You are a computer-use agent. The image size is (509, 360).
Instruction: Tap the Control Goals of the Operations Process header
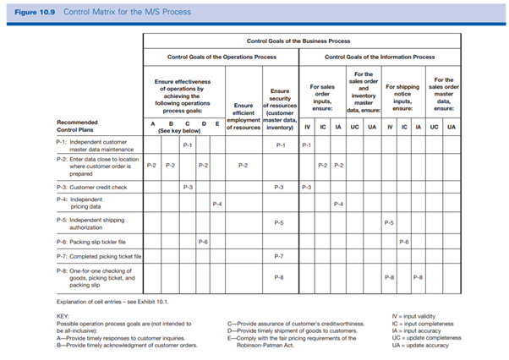pyautogui.click(x=222, y=57)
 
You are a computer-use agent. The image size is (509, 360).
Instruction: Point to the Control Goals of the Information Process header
pyautogui.click(x=380, y=57)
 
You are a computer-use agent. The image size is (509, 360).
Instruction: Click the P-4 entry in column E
pyautogui.click(x=216, y=204)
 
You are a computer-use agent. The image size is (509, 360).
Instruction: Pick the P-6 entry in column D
pyautogui.click(x=203, y=241)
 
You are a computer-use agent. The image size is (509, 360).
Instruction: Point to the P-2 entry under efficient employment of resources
pyautogui.click(x=243, y=166)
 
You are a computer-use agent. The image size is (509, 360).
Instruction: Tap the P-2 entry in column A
pyautogui.click(x=151, y=166)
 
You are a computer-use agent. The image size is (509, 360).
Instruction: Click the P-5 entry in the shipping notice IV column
pyautogui.click(x=388, y=222)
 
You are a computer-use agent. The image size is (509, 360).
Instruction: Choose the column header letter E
pyautogui.click(x=217, y=124)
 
